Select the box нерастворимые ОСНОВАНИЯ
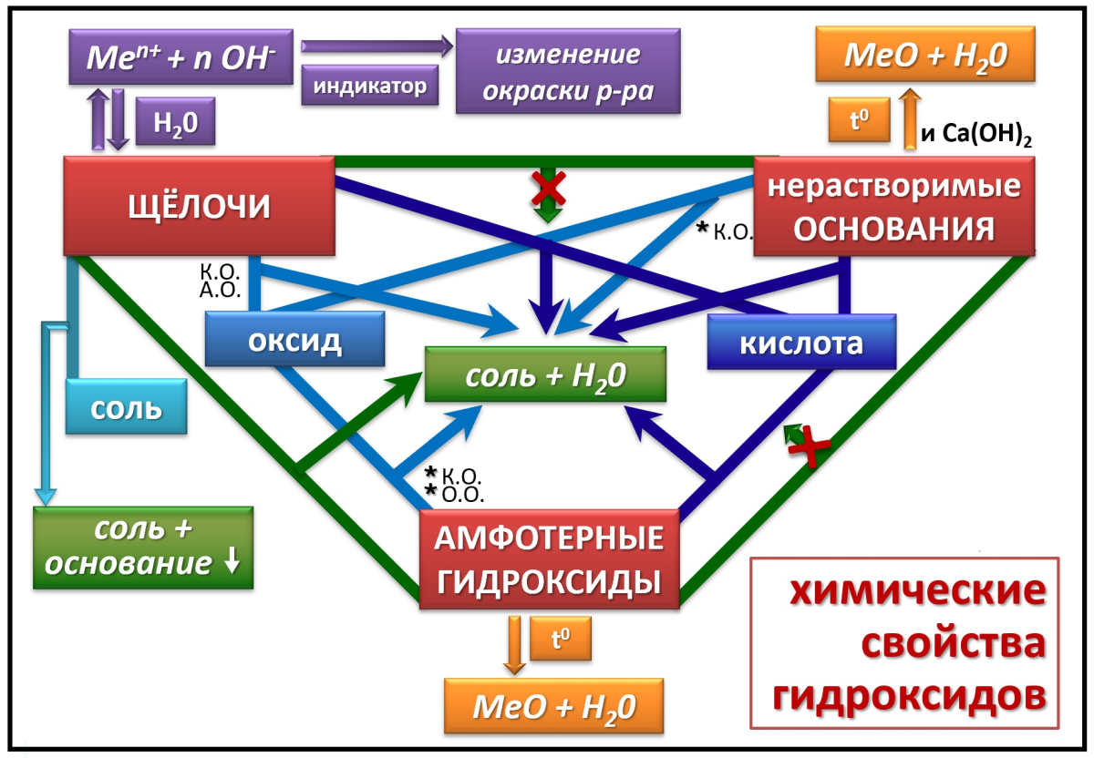coord(893,206)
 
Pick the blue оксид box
coord(294,342)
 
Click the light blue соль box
coord(126,406)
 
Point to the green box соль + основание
coord(143,548)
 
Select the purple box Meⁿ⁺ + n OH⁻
coord(179,56)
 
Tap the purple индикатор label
coord(370,87)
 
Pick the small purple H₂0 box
coord(175,121)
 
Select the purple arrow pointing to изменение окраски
coord(376,46)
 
